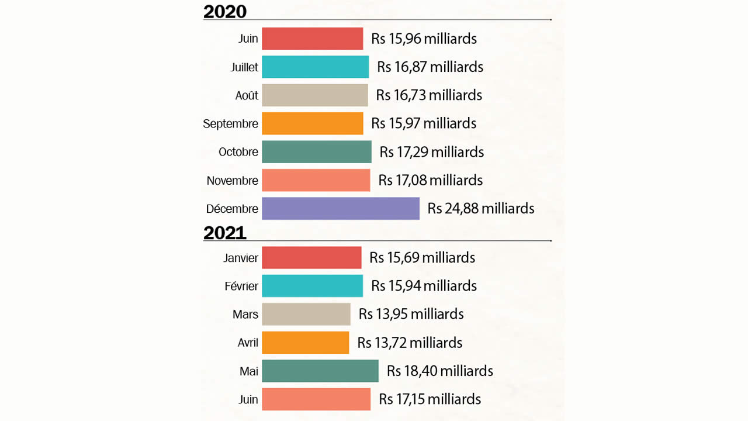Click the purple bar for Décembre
click(x=340, y=209)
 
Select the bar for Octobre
click(x=316, y=152)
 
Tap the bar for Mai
click(x=320, y=371)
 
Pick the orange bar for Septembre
click(x=312, y=123)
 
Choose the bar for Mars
click(x=306, y=315)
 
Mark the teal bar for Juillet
click(x=315, y=67)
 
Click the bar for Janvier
click(x=311, y=258)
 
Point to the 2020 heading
click(x=225, y=11)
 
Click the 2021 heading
click(x=225, y=233)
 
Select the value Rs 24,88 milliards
click(x=480, y=209)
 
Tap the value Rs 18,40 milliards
click(x=439, y=371)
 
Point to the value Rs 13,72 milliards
click(x=410, y=343)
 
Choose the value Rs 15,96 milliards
click(x=424, y=39)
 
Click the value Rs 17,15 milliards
click(x=430, y=399)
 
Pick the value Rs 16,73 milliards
click(x=429, y=95)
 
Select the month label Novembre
click(x=232, y=181)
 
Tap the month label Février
click(x=241, y=287)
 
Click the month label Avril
click(x=248, y=343)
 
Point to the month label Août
click(x=247, y=95)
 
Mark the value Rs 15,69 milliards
click(x=422, y=258)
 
